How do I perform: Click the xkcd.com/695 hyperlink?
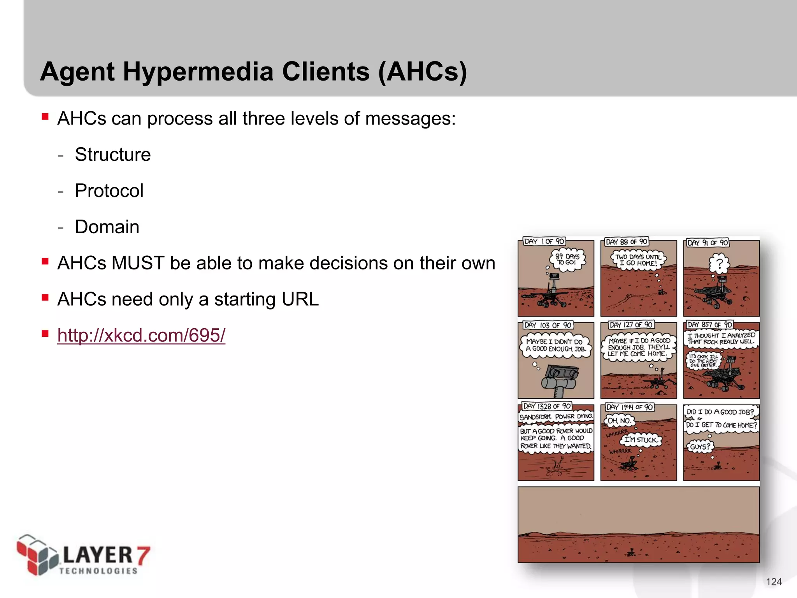(141, 335)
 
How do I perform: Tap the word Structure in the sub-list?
(112, 155)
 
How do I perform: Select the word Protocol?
(109, 191)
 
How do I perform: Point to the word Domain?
(107, 227)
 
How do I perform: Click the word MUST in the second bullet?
(138, 263)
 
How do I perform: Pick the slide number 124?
(774, 582)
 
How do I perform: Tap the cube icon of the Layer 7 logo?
(37, 555)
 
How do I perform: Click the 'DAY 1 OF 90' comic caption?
(544, 241)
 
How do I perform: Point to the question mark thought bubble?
(720, 264)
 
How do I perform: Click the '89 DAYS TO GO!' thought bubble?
(567, 259)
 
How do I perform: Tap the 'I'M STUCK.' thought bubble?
(640, 440)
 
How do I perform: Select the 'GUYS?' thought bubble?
(700, 447)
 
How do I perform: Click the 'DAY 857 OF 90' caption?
(709, 324)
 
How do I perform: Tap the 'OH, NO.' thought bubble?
(619, 420)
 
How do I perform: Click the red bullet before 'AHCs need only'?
(45, 297)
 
